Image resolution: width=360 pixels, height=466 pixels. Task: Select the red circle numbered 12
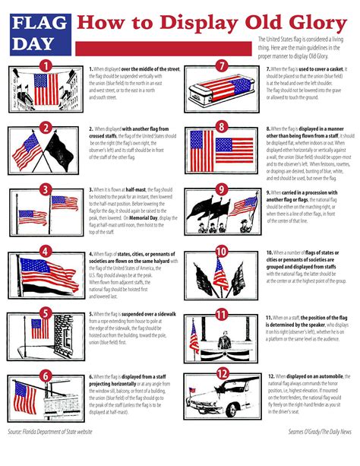[222, 374]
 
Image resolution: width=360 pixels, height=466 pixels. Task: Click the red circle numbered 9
[222, 189]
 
